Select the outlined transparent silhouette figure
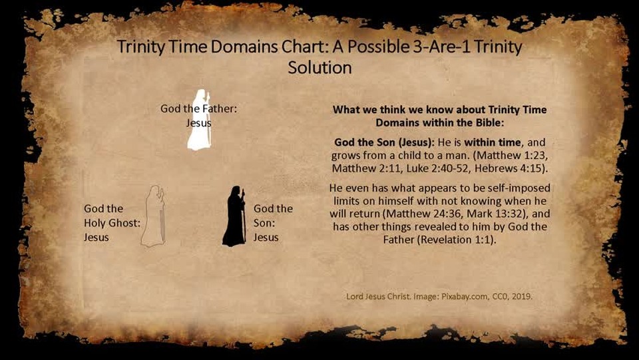pyautogui.click(x=153, y=216)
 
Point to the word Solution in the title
pyautogui.click(x=319, y=68)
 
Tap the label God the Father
pyautogui.click(x=198, y=108)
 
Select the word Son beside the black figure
pyautogui.click(x=264, y=223)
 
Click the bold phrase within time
pyautogui.click(x=493, y=142)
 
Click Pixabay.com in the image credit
pyautogui.click(x=464, y=297)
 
